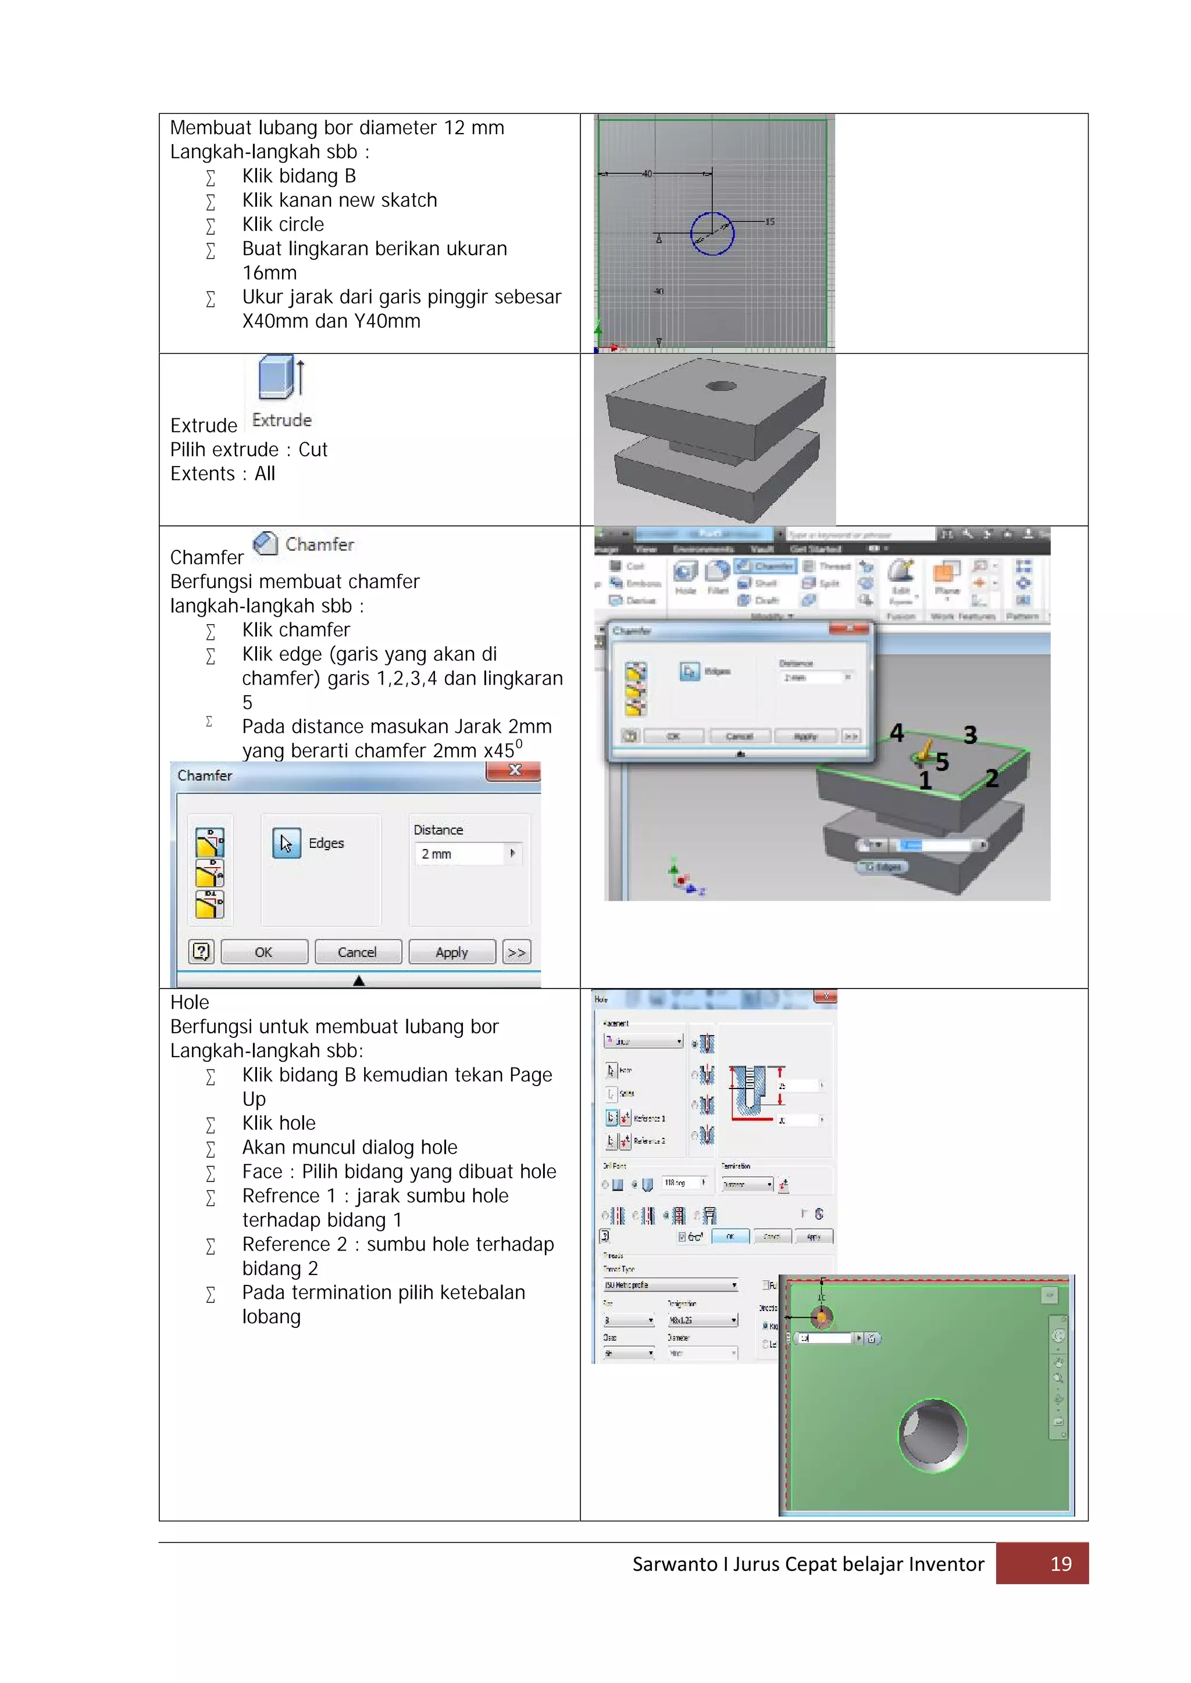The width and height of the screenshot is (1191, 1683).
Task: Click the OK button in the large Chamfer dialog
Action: (264, 952)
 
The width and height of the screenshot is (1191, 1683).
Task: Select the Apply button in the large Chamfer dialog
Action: (452, 952)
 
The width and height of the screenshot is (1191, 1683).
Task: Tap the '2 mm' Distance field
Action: (460, 854)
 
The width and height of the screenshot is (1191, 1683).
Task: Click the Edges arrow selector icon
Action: (286, 843)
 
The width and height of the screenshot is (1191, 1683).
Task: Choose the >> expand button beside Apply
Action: (517, 952)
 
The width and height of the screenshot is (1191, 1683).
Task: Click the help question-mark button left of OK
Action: (201, 952)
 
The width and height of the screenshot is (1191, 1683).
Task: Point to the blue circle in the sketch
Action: (712, 234)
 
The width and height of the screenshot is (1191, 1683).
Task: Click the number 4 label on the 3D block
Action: (896, 732)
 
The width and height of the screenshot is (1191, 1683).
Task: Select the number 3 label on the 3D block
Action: (970, 735)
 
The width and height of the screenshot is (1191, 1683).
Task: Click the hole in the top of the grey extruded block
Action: (721, 386)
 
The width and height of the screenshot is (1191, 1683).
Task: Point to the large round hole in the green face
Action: (932, 1435)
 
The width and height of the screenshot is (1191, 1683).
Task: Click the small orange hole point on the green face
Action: (822, 1317)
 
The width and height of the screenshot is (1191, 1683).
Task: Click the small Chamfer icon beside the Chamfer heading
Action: (265, 543)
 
